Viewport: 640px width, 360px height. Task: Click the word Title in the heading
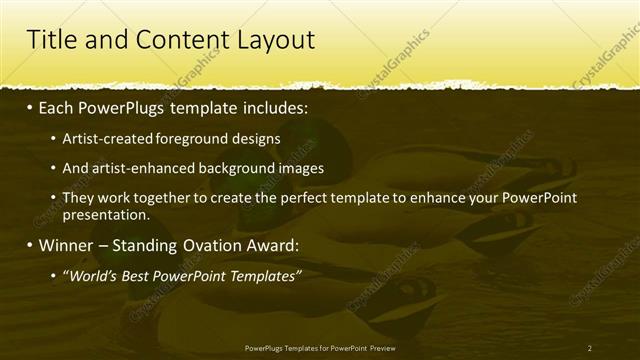click(47, 40)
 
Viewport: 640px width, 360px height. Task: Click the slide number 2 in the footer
click(589, 348)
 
